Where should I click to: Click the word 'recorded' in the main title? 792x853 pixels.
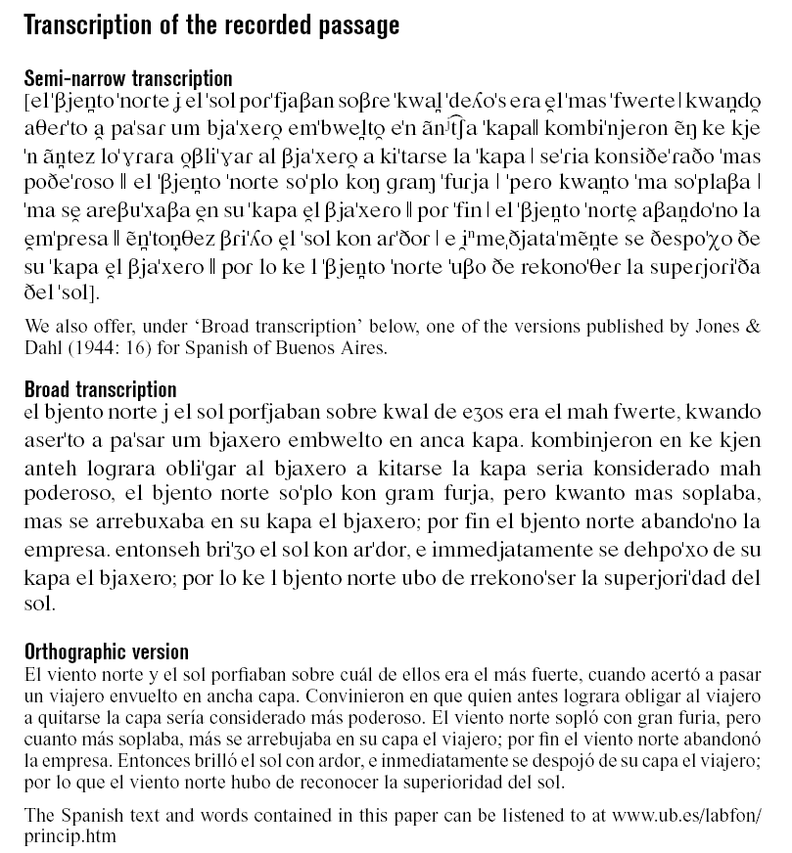tap(254, 25)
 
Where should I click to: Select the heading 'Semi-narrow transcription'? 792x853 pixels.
tap(128, 78)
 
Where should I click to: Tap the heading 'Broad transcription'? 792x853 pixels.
tap(100, 390)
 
